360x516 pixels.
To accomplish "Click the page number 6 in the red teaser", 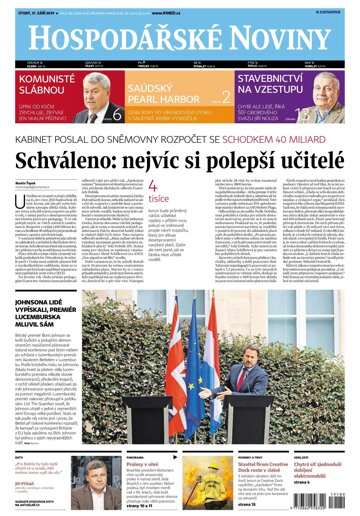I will click(117, 114).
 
